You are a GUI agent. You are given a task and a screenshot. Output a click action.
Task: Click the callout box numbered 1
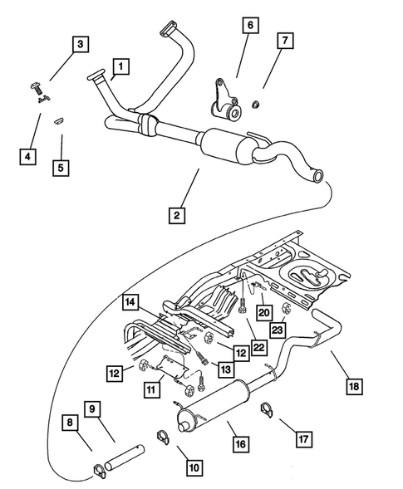pos(120,65)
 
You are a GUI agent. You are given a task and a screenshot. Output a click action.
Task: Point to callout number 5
pos(60,167)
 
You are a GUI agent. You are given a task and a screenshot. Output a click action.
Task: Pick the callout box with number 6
pos(248,27)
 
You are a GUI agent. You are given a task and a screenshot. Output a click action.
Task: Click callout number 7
pos(284,40)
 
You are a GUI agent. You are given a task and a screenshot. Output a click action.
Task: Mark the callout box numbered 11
pos(150,388)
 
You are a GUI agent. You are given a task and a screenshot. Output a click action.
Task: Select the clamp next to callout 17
pos(267,408)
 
